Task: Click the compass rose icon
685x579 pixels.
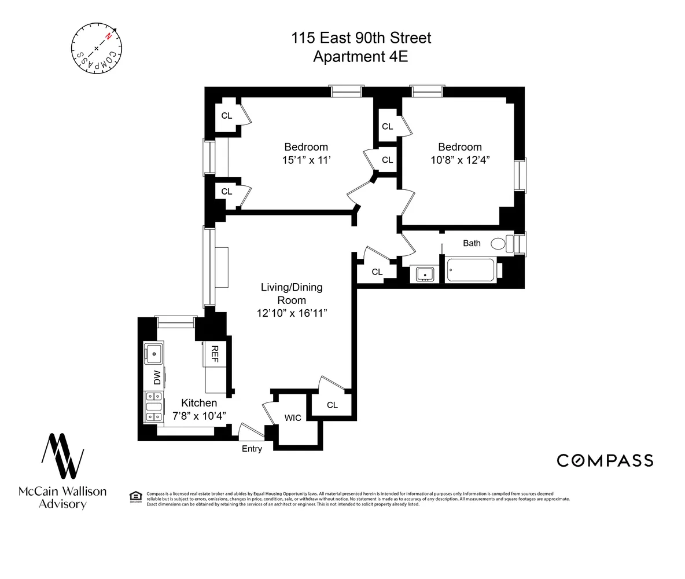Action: point(97,48)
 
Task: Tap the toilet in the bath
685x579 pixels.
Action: point(502,244)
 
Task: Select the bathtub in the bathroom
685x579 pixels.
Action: point(470,270)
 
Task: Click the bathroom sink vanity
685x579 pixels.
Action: point(425,274)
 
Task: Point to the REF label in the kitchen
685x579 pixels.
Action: point(214,354)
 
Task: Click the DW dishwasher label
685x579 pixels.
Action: point(156,378)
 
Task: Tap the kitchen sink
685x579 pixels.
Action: point(154,353)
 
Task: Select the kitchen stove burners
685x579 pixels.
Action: point(154,407)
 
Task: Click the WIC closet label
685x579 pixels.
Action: point(293,418)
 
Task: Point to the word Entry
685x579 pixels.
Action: point(252,449)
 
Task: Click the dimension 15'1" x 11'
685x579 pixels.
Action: point(305,160)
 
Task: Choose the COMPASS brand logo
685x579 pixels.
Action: point(605,460)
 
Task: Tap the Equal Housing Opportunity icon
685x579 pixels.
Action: point(135,497)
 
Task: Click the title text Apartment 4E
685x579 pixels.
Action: point(361,57)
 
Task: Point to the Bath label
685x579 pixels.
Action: point(472,243)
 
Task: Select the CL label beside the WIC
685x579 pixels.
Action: point(332,405)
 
